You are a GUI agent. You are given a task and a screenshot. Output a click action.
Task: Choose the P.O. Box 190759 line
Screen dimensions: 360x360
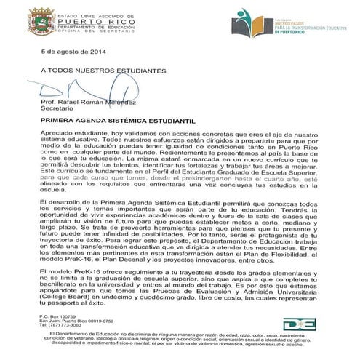point(57,317)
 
